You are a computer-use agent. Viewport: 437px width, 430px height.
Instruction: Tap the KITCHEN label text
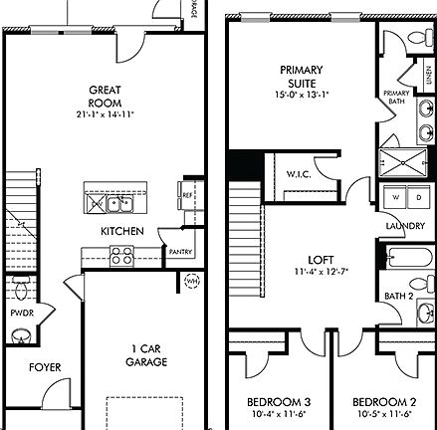click(121, 231)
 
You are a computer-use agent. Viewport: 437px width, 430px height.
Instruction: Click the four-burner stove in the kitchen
click(122, 256)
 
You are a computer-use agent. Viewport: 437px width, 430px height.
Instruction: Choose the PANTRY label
click(180, 252)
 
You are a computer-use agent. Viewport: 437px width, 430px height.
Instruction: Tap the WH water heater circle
click(192, 282)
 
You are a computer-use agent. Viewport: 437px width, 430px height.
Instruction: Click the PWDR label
click(22, 313)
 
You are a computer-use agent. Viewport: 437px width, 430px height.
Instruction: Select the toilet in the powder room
click(22, 290)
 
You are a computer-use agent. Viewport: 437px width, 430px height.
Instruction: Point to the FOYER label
click(44, 367)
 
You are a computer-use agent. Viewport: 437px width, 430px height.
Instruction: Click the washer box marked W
click(393, 197)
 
